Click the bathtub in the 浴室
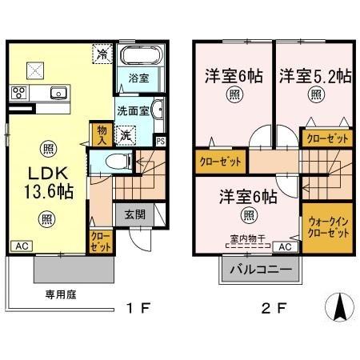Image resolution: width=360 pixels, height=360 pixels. click(142, 55)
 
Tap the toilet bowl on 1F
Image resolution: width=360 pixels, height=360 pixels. click(118, 162)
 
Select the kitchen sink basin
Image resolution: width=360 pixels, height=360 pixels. click(58, 93)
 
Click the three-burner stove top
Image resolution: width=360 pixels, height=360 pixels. click(19, 93)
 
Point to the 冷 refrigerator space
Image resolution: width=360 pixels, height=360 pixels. click(102, 54)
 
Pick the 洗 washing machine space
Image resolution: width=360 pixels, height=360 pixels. click(126, 136)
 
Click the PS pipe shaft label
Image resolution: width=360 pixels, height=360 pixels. click(161, 142)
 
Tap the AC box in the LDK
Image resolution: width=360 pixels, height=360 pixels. click(22, 246)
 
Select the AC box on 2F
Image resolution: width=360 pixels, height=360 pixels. click(286, 247)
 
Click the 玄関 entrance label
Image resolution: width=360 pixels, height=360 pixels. click(135, 214)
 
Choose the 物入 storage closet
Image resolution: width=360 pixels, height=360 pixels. click(102, 135)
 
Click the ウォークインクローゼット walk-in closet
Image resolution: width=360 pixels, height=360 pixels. click(328, 227)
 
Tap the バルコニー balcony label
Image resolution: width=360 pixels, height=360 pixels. click(261, 270)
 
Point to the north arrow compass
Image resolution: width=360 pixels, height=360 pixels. click(340, 306)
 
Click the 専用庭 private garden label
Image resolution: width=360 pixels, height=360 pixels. click(61, 294)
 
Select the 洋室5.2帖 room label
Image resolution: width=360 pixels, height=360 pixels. click(315, 76)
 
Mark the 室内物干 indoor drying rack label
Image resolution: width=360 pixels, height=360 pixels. click(248, 238)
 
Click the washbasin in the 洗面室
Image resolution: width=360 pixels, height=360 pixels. click(158, 110)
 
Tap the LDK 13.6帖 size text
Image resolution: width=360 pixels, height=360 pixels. click(49, 191)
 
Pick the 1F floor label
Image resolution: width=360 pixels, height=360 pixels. click(138, 309)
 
